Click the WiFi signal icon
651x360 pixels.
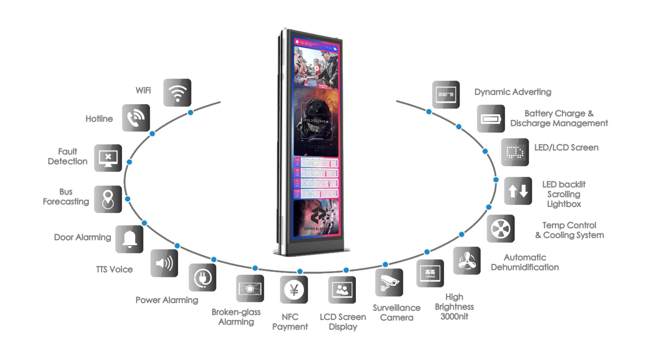[x=177, y=93]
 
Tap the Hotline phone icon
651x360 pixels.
[x=136, y=118]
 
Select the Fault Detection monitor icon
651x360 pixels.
[x=108, y=158]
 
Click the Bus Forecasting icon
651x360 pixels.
[x=108, y=199]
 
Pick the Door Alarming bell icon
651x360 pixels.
[x=130, y=239]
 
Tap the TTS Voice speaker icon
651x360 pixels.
[x=164, y=263]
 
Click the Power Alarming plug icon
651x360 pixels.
[x=202, y=278]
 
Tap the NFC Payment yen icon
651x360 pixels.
[x=294, y=290]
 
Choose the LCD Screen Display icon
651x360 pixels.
[x=342, y=290]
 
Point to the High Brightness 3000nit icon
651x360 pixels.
[x=430, y=273]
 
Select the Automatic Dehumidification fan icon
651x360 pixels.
[x=467, y=261]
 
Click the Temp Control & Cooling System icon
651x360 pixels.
[x=500, y=229]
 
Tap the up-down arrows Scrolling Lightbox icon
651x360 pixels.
[x=518, y=191]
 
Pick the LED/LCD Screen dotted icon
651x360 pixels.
[x=514, y=152]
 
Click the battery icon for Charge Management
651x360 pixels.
[x=490, y=119]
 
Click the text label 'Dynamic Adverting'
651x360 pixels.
[x=513, y=92]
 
